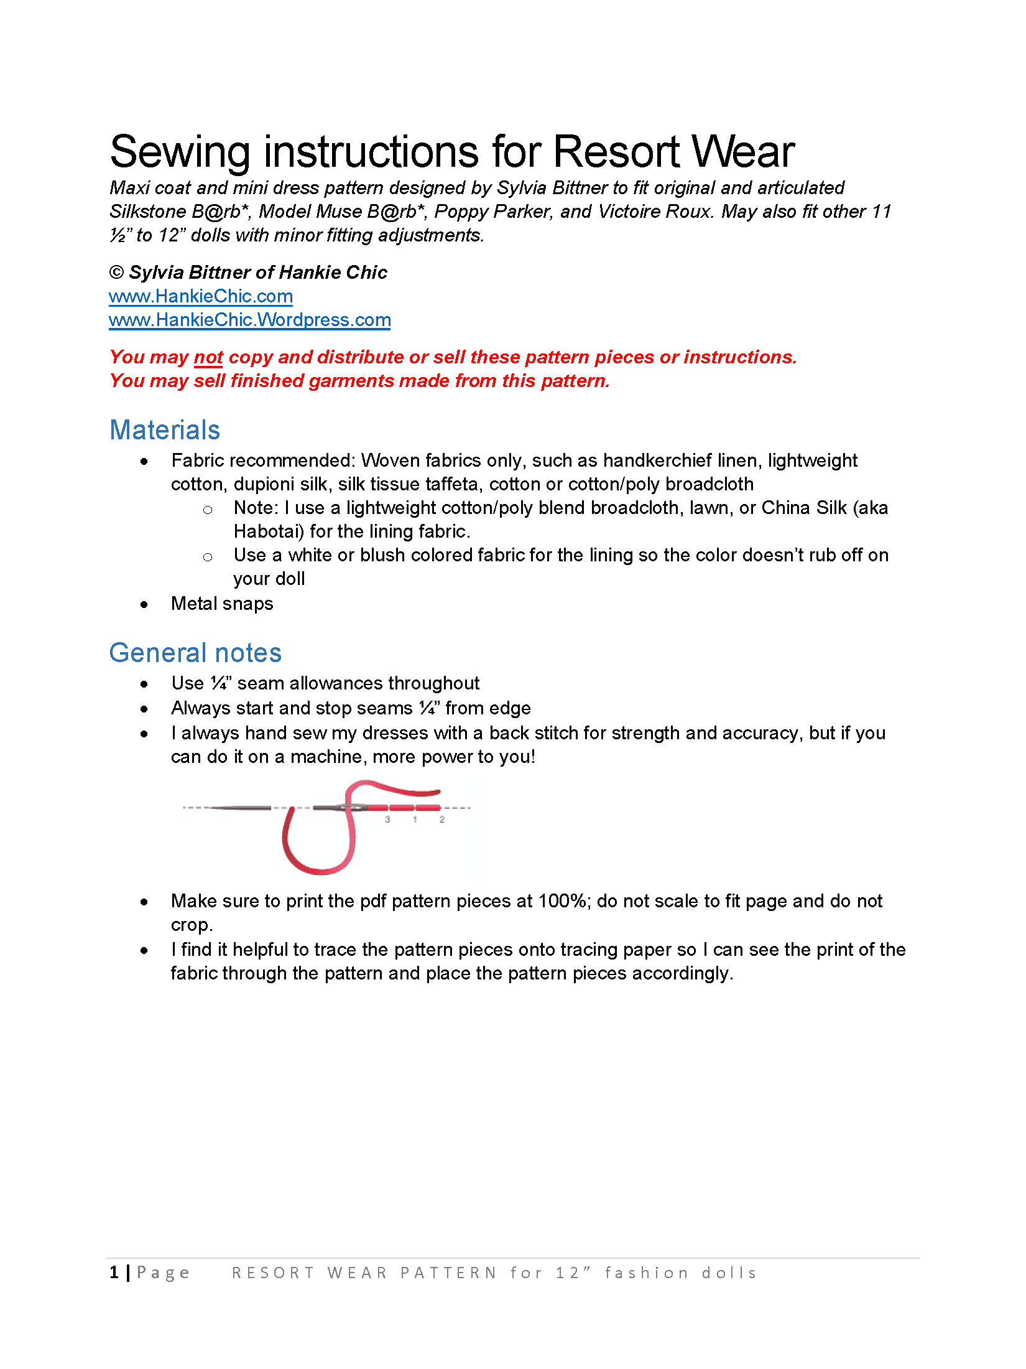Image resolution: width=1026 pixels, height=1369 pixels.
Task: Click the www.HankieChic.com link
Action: (x=200, y=296)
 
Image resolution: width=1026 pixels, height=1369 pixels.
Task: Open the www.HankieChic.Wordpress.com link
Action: (x=249, y=320)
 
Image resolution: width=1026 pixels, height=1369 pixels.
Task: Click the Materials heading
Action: (x=165, y=430)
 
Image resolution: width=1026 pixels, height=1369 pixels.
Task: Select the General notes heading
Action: (x=195, y=653)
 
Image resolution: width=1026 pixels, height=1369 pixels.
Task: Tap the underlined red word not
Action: (x=208, y=357)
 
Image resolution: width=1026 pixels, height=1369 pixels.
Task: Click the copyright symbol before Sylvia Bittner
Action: (x=116, y=273)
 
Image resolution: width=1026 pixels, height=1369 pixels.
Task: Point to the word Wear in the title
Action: (x=742, y=152)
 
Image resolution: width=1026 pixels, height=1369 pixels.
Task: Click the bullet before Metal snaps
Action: (x=144, y=604)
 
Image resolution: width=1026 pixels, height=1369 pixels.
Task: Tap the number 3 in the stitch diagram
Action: (x=387, y=820)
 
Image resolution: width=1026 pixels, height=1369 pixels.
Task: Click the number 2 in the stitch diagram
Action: (x=442, y=820)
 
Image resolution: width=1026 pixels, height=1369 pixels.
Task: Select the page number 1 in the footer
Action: (x=114, y=1273)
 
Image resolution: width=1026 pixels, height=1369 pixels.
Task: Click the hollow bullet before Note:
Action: (x=208, y=510)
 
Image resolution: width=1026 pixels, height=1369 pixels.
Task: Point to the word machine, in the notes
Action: (x=329, y=757)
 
